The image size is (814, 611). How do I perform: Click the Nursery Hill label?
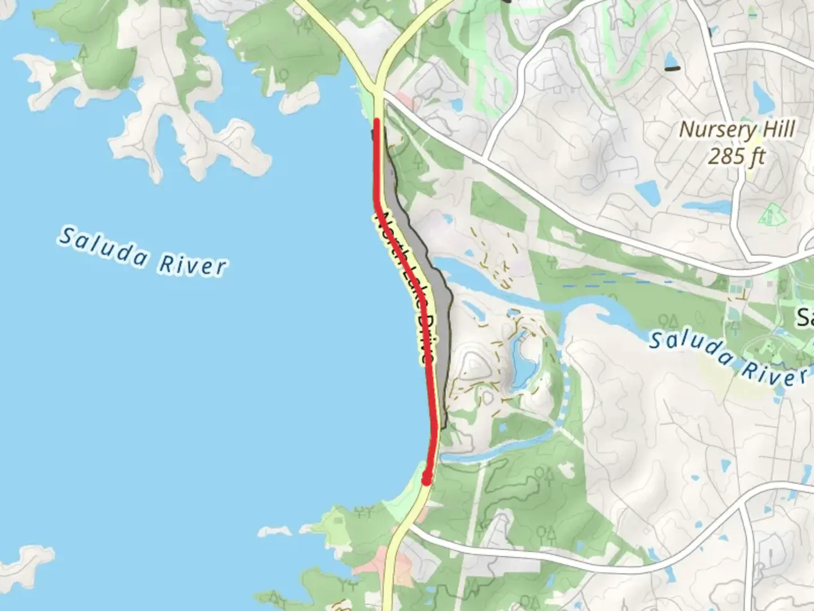coord(737,130)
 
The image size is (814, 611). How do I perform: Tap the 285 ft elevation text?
coord(737,156)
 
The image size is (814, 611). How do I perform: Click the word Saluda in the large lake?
coord(102,246)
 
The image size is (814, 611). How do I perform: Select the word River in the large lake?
coord(192,264)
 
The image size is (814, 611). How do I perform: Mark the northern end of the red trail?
coord(377,121)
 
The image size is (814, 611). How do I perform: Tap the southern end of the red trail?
coord(427,480)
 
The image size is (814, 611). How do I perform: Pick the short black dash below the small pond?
coord(672,69)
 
